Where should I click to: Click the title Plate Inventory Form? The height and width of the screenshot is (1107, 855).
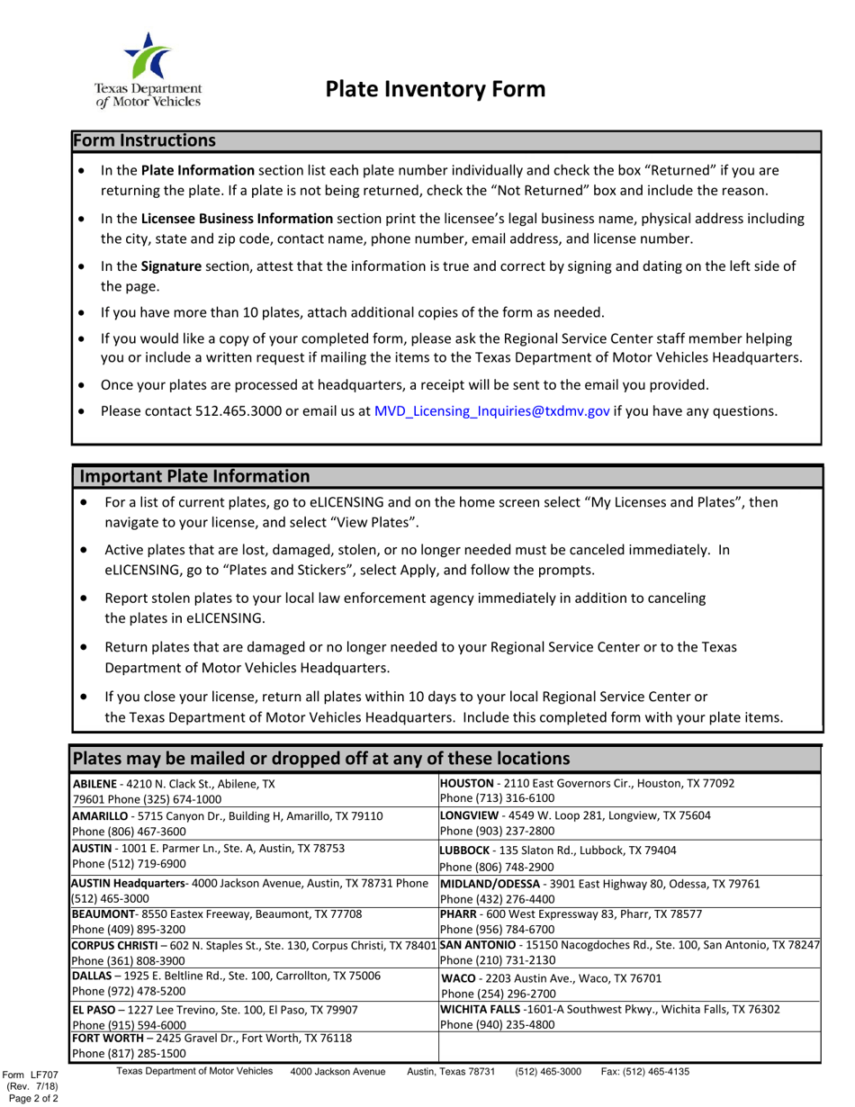435,89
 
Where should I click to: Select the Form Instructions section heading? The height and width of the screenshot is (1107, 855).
144,141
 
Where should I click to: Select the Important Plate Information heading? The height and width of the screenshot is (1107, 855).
195,477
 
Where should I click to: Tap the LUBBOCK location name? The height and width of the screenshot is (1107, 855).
466,850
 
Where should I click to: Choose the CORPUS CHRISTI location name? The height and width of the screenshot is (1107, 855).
112,944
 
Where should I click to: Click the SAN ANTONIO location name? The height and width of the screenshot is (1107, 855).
478,944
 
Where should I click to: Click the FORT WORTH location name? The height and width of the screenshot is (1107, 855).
108,1038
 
